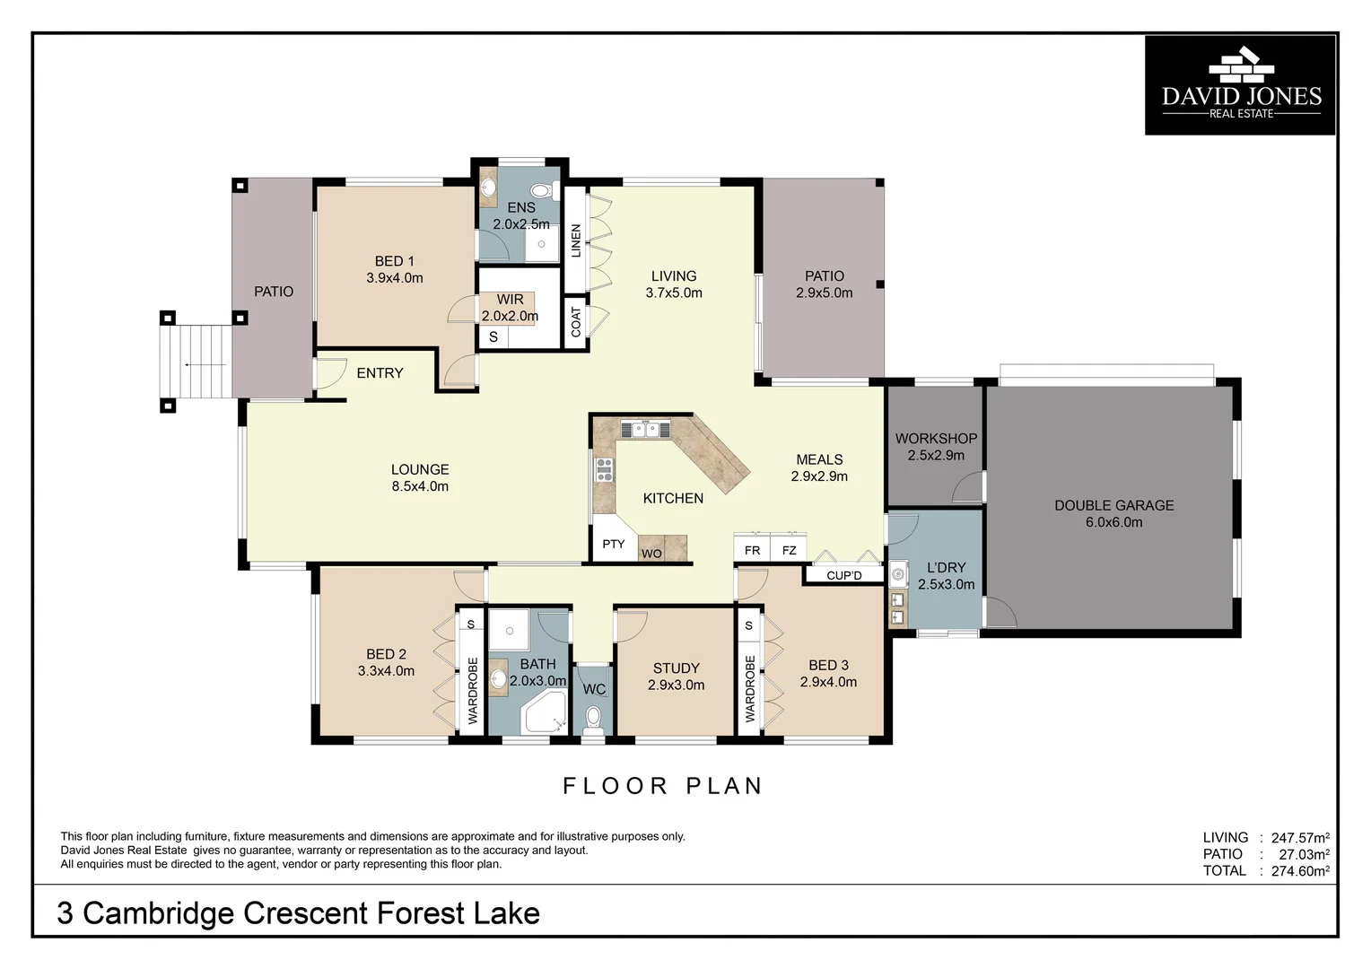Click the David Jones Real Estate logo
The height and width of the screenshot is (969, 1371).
(1240, 85)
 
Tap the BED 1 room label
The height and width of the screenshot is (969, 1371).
(394, 261)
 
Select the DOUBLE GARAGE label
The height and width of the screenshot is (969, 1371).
(1113, 505)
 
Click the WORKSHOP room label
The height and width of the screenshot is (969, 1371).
(936, 439)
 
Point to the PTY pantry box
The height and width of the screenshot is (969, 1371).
(614, 544)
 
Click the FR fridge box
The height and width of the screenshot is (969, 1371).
(752, 550)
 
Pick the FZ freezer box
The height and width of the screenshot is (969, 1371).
(789, 550)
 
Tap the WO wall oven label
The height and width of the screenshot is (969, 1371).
(651, 554)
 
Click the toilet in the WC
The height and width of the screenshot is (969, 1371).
(592, 719)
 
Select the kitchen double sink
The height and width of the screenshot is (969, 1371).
(644, 430)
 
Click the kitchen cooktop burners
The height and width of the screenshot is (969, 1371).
(605, 469)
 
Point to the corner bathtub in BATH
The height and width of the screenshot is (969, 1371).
(544, 713)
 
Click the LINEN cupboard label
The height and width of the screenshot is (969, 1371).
(576, 240)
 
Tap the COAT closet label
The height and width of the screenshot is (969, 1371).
(576, 322)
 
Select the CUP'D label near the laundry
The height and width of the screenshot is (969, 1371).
(843, 575)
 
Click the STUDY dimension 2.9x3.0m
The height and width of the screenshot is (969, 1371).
(676, 685)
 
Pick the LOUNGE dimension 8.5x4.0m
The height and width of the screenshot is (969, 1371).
(420, 486)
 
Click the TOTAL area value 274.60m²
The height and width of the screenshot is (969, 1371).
(1299, 870)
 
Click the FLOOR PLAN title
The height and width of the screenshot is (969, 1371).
(662, 786)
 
